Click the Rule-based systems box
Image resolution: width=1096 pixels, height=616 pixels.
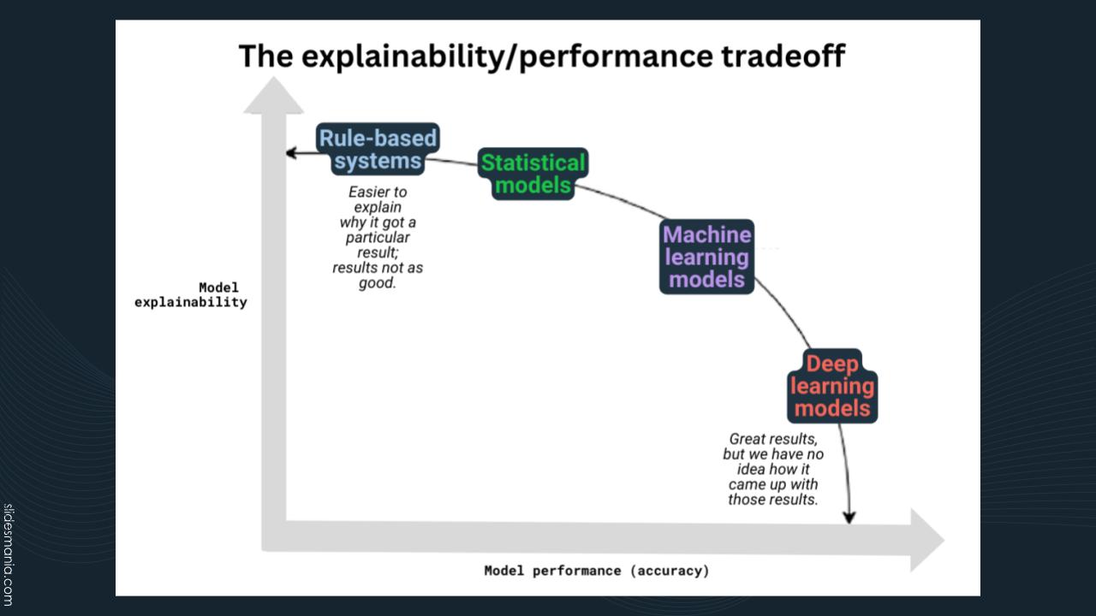pos(378,150)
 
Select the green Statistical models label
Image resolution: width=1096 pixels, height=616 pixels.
pos(533,174)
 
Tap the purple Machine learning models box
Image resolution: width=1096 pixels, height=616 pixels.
pos(706,257)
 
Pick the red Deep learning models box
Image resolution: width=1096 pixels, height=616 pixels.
pos(832,386)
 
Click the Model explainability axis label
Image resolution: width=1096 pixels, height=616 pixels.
pos(191,294)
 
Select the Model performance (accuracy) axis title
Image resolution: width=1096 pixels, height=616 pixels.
pos(597,571)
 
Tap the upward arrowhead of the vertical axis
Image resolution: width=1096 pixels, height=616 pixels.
pos(273,95)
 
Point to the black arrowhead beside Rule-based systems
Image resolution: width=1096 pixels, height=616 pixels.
pos(291,153)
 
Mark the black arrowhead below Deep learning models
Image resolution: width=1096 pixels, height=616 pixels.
pos(849,516)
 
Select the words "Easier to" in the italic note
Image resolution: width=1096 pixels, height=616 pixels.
pos(378,192)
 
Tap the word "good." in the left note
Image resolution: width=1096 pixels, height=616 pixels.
pos(378,283)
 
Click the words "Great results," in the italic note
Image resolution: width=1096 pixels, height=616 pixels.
pos(773,439)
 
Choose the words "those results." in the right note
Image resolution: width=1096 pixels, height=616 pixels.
pos(773,500)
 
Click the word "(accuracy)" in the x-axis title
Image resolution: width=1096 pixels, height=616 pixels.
pos(670,571)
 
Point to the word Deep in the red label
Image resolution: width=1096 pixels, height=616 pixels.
pos(832,364)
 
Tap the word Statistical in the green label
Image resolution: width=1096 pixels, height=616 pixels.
pos(533,163)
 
